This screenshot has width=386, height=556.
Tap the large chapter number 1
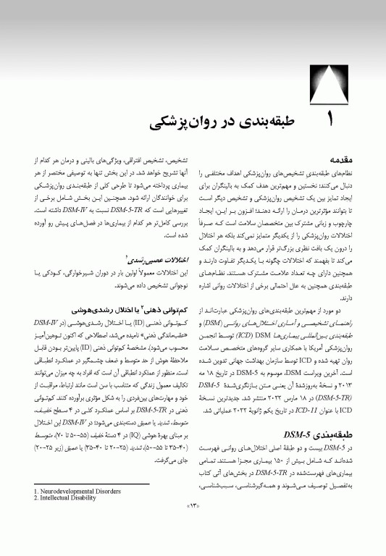click(325, 122)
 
